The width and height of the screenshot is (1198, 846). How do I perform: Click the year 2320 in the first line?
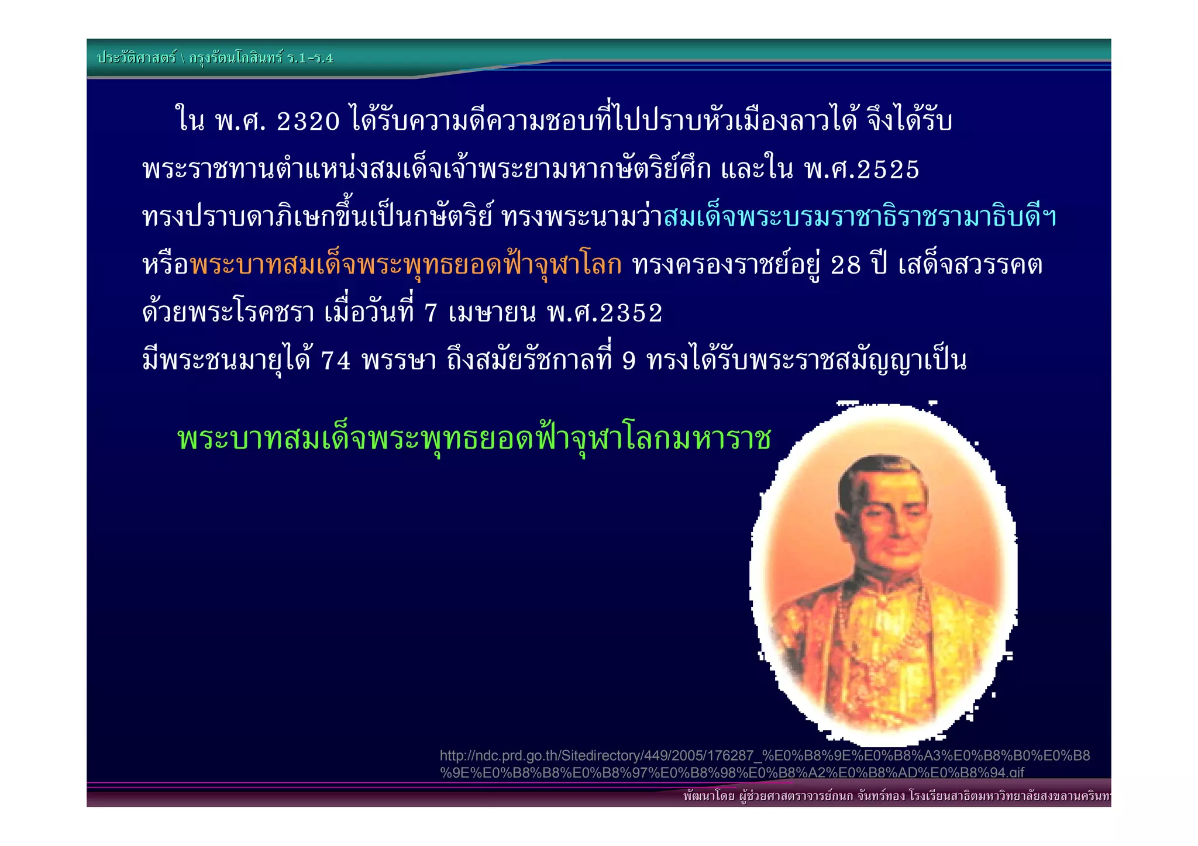308,121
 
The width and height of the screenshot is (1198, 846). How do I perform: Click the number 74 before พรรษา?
335,361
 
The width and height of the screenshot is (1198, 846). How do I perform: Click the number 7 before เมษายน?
431,313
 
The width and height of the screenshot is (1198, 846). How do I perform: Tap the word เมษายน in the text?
491,313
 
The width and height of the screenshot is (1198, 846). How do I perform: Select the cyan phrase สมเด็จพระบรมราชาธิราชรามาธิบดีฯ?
860,217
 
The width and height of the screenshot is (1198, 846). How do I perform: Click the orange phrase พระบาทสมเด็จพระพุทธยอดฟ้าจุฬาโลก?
406,265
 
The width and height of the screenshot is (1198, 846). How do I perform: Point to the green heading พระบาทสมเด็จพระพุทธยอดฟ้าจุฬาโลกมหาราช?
474,438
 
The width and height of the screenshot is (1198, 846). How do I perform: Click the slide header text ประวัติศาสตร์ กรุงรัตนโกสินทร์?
215,58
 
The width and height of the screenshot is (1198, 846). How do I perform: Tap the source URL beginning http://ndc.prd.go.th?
764,764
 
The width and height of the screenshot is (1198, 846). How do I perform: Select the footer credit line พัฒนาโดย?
895,796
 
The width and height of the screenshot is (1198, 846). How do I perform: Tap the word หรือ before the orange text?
166,265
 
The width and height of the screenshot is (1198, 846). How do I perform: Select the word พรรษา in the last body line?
399,361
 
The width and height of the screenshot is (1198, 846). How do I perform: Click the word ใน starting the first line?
190,121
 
